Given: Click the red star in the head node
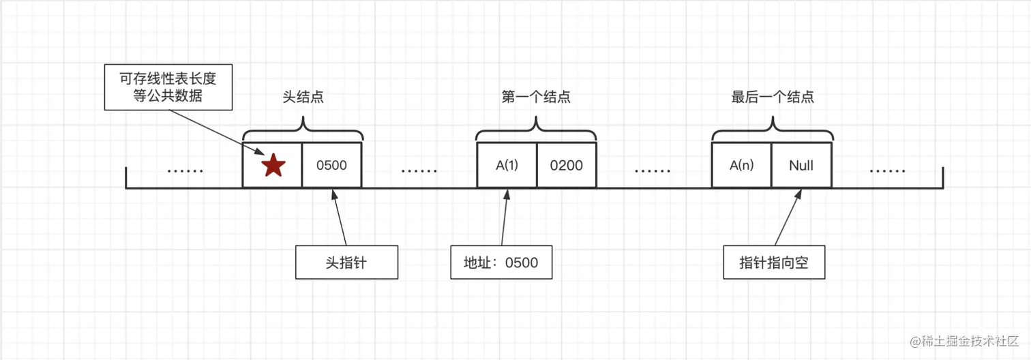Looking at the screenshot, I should (x=273, y=165).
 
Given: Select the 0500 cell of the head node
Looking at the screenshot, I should (x=332, y=165).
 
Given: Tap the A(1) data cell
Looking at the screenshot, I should (x=506, y=165).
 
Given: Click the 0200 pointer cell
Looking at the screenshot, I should (x=566, y=165).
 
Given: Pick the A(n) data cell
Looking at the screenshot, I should (x=741, y=165).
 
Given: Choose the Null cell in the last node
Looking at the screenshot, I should (x=801, y=165).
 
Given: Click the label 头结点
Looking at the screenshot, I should (x=303, y=97).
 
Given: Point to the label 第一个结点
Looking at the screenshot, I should (x=536, y=97).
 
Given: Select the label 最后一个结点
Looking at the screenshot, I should (x=772, y=97).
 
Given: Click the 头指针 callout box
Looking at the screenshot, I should (x=346, y=262).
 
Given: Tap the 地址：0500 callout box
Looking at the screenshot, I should (x=501, y=262).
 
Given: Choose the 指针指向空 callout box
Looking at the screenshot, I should (x=774, y=262).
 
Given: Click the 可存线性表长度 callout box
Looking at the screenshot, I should (x=168, y=87).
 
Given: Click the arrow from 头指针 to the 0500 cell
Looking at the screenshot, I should (x=339, y=218).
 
